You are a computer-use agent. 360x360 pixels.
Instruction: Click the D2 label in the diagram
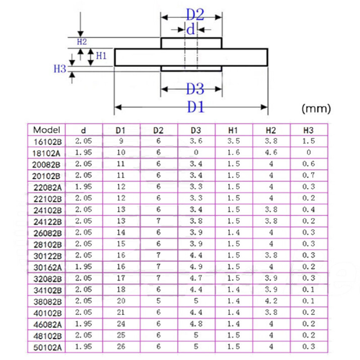tap(195, 15)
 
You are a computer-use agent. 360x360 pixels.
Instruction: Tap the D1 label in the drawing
tap(196, 107)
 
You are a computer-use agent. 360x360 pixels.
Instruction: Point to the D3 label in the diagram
tap(195, 89)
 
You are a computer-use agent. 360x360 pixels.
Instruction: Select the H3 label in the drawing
tap(60, 69)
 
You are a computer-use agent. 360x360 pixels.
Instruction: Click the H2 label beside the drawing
tap(82, 42)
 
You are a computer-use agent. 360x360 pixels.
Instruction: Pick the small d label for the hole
tap(190, 29)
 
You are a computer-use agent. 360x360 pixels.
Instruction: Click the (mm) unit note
tap(316, 108)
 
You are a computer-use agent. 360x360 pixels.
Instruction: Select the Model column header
tap(47, 130)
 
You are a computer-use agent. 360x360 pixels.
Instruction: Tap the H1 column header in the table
tap(233, 130)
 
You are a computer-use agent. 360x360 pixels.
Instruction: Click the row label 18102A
tap(46, 153)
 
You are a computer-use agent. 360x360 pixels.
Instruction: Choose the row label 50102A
tap(48, 347)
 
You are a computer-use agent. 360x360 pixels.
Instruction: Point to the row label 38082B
tap(48, 301)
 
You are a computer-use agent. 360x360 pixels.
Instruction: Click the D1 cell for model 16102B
tap(121, 141)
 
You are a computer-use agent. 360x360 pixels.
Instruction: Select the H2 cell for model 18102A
tap(271, 152)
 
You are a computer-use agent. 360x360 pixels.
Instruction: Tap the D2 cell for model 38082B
tap(158, 301)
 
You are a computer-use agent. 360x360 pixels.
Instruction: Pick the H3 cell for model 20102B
tap(308, 175)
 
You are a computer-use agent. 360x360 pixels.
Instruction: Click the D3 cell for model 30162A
tap(196, 266)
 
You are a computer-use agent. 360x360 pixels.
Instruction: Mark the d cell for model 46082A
tap(83, 324)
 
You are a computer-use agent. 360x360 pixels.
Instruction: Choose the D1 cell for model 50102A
tap(121, 346)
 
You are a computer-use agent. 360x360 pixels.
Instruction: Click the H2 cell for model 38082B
tap(271, 301)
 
